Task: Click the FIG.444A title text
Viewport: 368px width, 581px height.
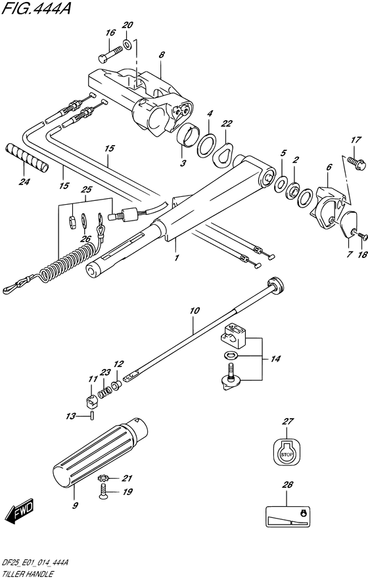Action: pyautogui.click(x=36, y=8)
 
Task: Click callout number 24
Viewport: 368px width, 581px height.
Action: pyautogui.click(x=25, y=182)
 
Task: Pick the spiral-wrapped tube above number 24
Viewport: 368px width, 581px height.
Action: pyautogui.click(x=27, y=158)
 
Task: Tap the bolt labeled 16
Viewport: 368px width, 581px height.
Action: pyautogui.click(x=110, y=54)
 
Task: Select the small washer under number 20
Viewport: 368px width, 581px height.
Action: pyautogui.click(x=127, y=45)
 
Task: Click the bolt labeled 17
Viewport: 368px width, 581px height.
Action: pyautogui.click(x=356, y=163)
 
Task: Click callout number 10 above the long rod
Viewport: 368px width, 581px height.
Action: pyautogui.click(x=195, y=311)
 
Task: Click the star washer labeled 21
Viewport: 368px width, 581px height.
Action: pyautogui.click(x=103, y=479)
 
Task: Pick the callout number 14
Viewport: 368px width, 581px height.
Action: pyautogui.click(x=275, y=358)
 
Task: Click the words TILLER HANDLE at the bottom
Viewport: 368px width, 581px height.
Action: pyautogui.click(x=28, y=574)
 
